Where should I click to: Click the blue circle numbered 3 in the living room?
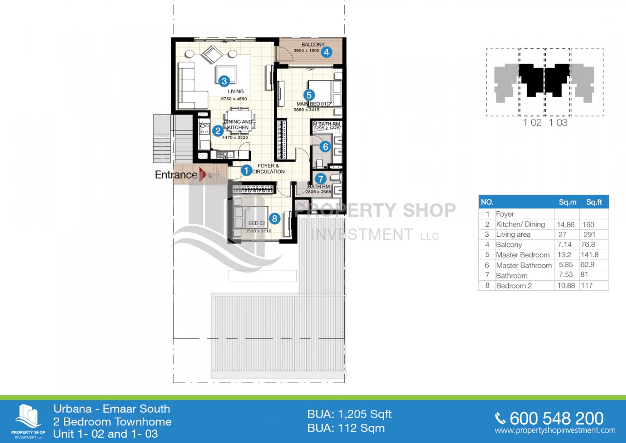tap(224, 81)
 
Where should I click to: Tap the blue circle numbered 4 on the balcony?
tap(326, 52)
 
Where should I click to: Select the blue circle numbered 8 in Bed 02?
tap(274, 218)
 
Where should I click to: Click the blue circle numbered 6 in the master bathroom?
tap(325, 146)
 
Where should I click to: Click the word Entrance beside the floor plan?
tap(176, 175)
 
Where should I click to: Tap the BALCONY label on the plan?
tap(313, 44)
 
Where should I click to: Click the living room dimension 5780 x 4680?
tap(234, 99)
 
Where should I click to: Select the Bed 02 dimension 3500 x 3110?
tap(258, 231)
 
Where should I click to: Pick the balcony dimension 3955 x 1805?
tap(306, 50)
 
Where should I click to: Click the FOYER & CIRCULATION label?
tap(268, 169)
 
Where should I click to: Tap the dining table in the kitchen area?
tap(239, 120)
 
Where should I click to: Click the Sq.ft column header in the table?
tap(594, 202)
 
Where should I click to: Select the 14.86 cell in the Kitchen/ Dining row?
tap(566, 225)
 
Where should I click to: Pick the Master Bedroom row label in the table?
tap(523, 255)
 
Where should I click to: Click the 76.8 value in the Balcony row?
tap(588, 244)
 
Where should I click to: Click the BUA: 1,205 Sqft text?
tap(349, 414)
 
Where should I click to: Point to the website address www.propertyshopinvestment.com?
tap(555, 430)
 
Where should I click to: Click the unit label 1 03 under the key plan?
tap(558, 123)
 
